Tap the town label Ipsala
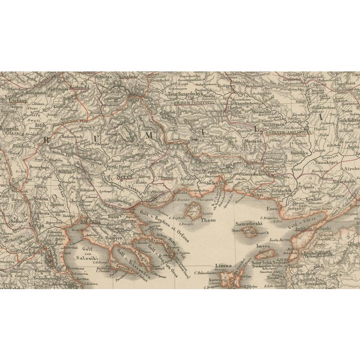[307, 188]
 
